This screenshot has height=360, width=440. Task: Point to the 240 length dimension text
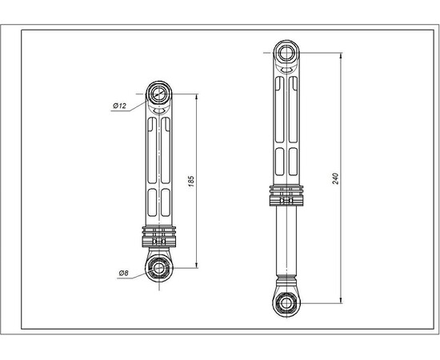click(x=336, y=178)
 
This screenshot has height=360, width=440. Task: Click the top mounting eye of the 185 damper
click(x=159, y=94)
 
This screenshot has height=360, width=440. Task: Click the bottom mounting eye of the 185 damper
click(x=159, y=266)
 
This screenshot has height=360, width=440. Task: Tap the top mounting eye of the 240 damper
click(x=286, y=54)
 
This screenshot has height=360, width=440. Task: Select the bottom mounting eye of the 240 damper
click(x=286, y=302)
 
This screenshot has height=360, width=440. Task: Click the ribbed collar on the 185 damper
click(x=159, y=238)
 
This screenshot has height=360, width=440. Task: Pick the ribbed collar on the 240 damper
click(x=286, y=195)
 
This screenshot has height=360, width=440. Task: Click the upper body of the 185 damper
click(x=159, y=160)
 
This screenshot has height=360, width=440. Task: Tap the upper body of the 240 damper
click(x=286, y=120)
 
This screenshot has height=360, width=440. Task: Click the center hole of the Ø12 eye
click(x=159, y=94)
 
